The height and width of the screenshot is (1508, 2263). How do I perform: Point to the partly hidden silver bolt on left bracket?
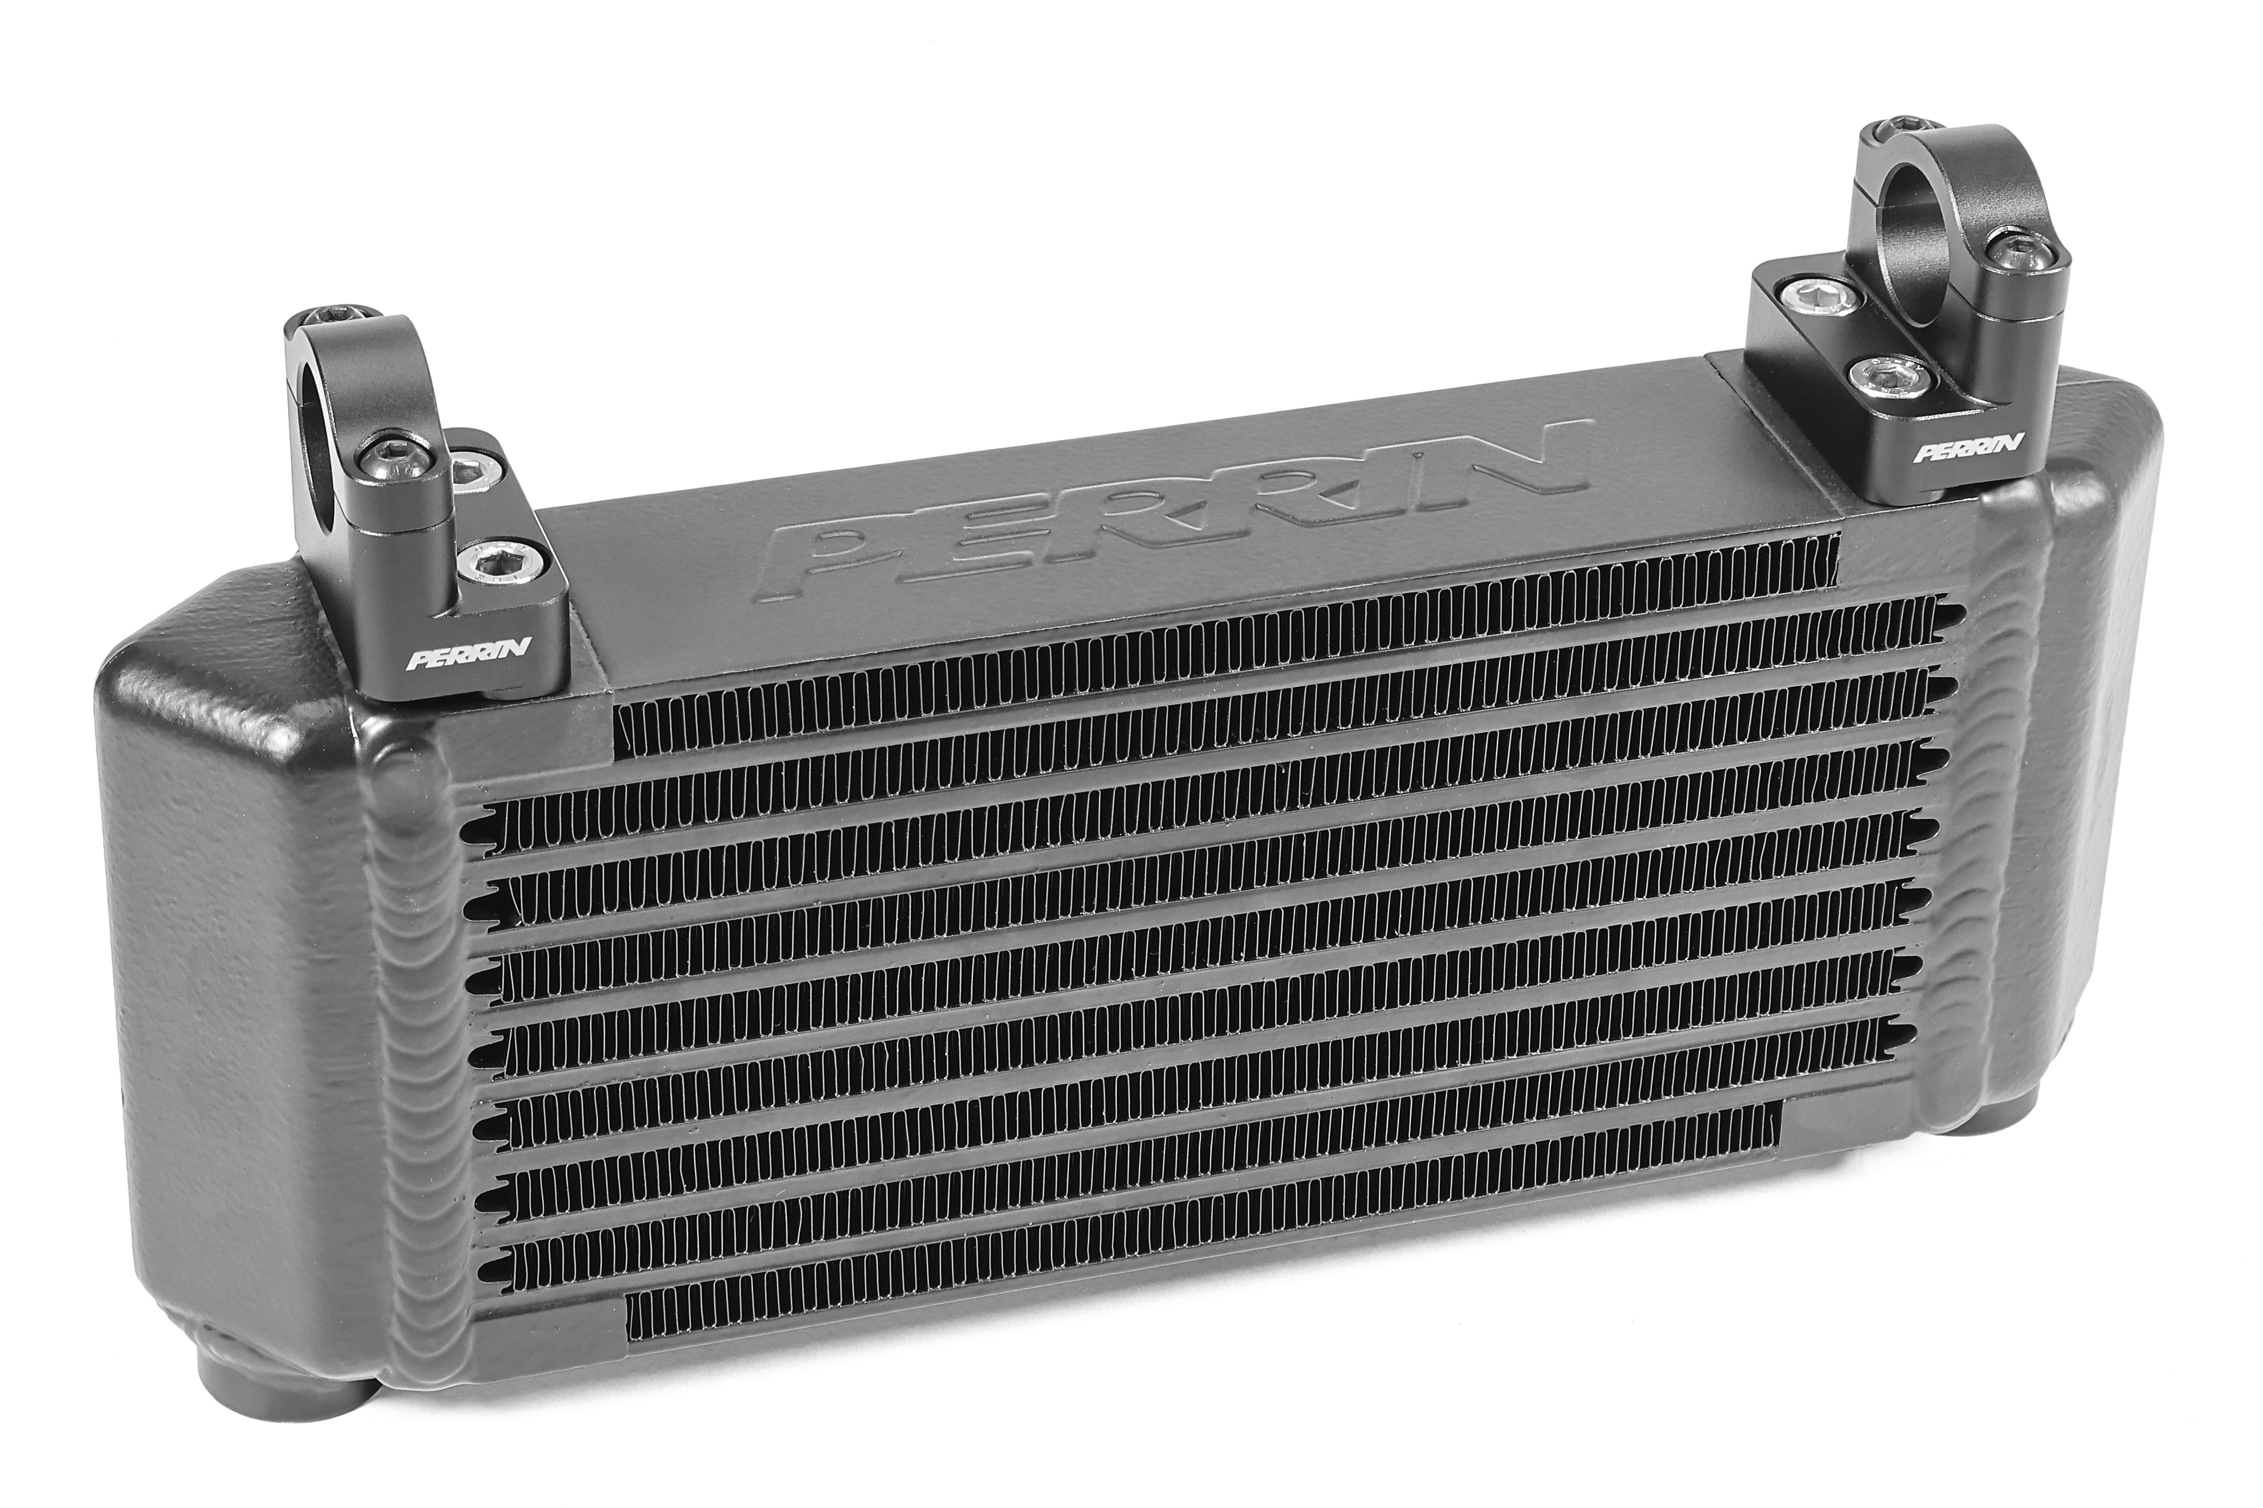point(470,468)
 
